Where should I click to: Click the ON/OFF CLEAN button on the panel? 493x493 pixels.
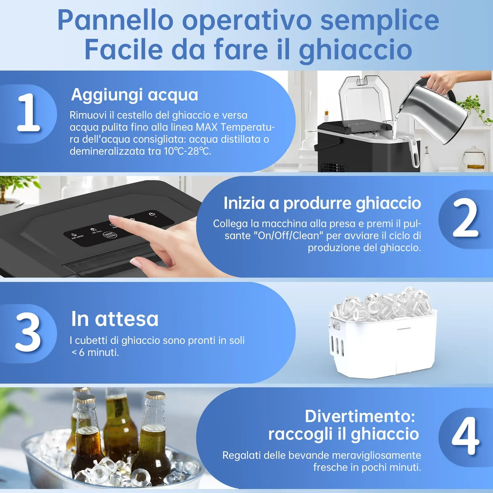pyautogui.click(x=110, y=235)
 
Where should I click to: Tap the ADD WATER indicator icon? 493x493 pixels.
pyautogui.click(x=74, y=235)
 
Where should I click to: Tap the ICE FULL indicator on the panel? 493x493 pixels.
pyautogui.click(x=93, y=230)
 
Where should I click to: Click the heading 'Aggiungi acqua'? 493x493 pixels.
pyautogui.click(x=135, y=95)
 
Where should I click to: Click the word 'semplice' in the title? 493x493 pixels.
pyautogui.click(x=380, y=20)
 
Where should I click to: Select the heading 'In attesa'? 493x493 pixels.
pyautogui.click(x=115, y=319)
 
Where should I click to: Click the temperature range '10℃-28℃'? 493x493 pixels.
pyautogui.click(x=187, y=151)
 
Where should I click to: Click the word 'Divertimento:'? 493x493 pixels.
pyautogui.click(x=360, y=416)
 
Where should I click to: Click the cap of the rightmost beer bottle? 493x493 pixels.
pyautogui.click(x=155, y=395)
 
